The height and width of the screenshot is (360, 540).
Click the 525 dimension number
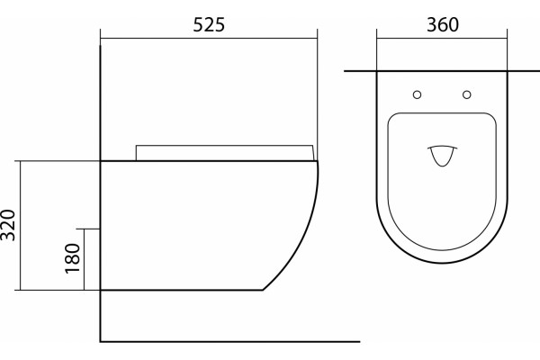coord(209,25)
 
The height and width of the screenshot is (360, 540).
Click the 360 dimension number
coord(443,25)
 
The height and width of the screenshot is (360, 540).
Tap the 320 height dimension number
coord(8,225)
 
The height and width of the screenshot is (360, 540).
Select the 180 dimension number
coord(72,258)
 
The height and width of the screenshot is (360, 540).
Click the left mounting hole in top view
coord(417,94)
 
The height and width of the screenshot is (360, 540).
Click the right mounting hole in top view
coord(466,94)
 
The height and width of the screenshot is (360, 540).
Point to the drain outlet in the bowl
coord(443,157)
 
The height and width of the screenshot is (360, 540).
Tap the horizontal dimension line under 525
coord(209,38)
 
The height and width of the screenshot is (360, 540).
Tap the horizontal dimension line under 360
coord(442,38)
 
